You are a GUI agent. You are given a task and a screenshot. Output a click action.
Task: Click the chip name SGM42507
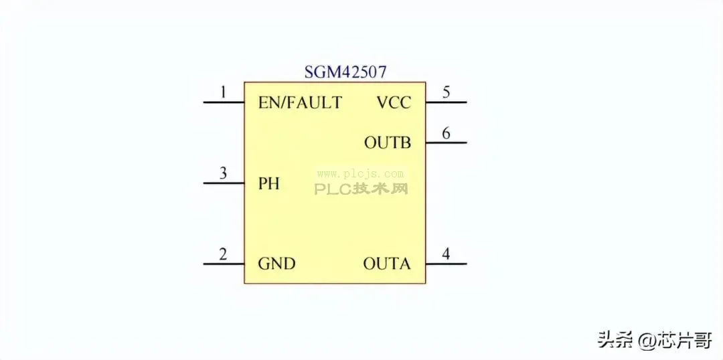tap(345, 72)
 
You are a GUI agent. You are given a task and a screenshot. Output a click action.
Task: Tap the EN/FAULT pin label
tap(300, 102)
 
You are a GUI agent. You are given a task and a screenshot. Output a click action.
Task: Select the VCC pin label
tap(394, 102)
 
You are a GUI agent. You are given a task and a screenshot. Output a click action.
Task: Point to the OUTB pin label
tap(388, 143)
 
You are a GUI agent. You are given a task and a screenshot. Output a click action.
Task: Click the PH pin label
tap(269, 184)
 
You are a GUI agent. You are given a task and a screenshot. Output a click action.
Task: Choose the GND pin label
tap(276, 264)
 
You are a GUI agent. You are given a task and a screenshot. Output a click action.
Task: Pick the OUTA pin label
tap(387, 264)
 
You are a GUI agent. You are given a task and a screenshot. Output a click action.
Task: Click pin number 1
tap(224, 92)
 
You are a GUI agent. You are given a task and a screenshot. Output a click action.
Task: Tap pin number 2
tap(223, 254)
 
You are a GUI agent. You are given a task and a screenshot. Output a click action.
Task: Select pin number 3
tap(223, 173)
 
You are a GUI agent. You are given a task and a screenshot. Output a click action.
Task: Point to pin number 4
tap(446, 254)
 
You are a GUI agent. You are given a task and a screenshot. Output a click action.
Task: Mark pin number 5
tap(446, 92)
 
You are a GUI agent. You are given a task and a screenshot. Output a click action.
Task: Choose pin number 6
tap(446, 133)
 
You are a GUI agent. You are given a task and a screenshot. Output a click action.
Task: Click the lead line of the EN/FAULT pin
tap(224, 102)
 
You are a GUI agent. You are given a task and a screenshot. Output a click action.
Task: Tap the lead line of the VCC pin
tap(446, 102)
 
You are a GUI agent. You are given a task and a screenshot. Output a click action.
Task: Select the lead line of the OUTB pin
tap(446, 143)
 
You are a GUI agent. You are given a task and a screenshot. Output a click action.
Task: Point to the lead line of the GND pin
tap(224, 264)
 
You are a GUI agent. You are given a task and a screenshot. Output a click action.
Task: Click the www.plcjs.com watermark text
tap(361, 174)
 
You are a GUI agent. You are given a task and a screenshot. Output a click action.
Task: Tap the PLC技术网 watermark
tap(361, 188)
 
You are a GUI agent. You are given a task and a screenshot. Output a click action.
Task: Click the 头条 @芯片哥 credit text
tap(654, 340)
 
